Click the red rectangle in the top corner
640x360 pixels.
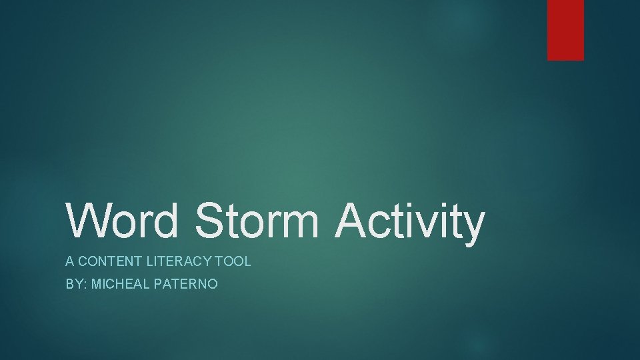(x=565, y=29)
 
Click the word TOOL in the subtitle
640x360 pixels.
(x=236, y=261)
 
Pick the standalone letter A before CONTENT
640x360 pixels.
(x=69, y=261)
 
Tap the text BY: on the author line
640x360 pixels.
(x=75, y=284)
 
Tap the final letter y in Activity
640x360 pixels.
(x=473, y=227)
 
